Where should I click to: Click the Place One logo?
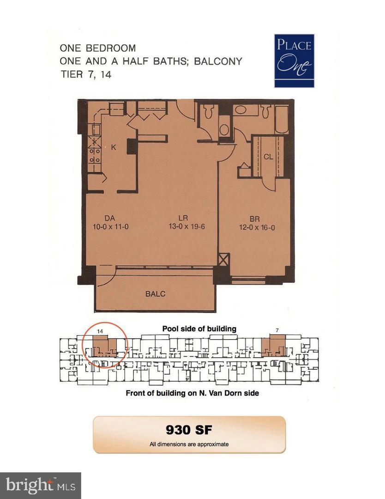(294, 61)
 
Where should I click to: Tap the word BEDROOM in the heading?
(112, 48)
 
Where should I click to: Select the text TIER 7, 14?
(86, 74)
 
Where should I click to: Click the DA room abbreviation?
(109, 218)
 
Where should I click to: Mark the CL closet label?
(268, 157)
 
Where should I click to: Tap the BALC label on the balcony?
(156, 293)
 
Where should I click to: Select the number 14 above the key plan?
(100, 330)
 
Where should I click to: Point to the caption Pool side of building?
(199, 329)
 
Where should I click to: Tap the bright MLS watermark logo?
(40, 485)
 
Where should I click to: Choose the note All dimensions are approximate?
(189, 444)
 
